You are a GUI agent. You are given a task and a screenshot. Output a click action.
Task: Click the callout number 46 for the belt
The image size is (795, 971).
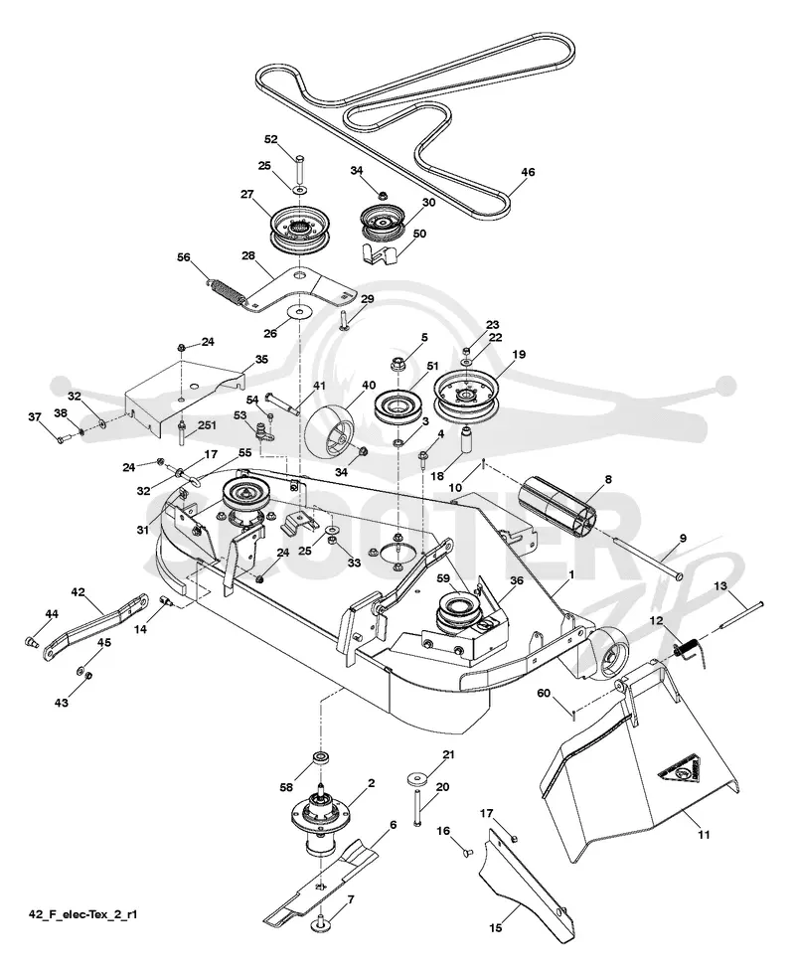(x=527, y=172)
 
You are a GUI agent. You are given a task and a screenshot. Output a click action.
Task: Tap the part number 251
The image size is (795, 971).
(x=207, y=424)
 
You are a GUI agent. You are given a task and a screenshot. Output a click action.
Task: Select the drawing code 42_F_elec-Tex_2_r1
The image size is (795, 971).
(x=82, y=913)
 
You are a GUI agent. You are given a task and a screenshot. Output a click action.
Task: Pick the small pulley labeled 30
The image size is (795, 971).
(x=382, y=223)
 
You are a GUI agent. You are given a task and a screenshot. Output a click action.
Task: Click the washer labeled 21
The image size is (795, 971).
(x=416, y=776)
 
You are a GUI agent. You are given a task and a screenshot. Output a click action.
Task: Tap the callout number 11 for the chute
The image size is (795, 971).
(x=704, y=835)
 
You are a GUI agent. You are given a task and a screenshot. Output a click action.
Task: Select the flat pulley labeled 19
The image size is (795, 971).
(x=473, y=396)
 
